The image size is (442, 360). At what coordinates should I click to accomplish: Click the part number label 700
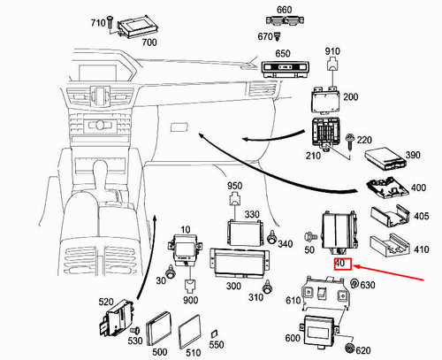coord(149,42)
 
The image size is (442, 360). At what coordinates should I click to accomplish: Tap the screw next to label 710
coord(110,22)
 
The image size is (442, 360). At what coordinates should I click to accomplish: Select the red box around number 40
coord(343,264)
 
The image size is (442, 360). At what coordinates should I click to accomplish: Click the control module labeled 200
coord(325,100)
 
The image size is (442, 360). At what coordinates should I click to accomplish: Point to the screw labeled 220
coord(350,141)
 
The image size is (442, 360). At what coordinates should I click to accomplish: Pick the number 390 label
coord(413,155)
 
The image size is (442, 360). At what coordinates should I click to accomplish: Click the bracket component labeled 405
coord(390,216)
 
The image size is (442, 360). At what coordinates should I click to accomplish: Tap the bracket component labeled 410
coord(390,245)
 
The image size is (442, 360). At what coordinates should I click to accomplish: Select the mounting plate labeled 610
coord(325,294)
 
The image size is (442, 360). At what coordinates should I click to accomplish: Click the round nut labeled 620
coord(349,349)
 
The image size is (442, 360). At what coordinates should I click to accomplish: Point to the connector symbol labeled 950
coord(234,199)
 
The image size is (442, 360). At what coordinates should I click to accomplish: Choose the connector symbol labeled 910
coord(332,65)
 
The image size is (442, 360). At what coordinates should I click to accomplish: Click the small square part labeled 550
coord(214,334)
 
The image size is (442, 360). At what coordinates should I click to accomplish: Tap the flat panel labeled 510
coord(189,332)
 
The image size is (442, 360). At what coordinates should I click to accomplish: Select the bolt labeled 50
coord(311,236)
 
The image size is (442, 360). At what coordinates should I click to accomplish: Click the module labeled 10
coord(185,249)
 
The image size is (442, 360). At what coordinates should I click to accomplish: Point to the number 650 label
coord(283,54)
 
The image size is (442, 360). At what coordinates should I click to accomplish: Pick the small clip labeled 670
coord(277,36)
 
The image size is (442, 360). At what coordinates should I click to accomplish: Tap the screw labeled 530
coord(136,331)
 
